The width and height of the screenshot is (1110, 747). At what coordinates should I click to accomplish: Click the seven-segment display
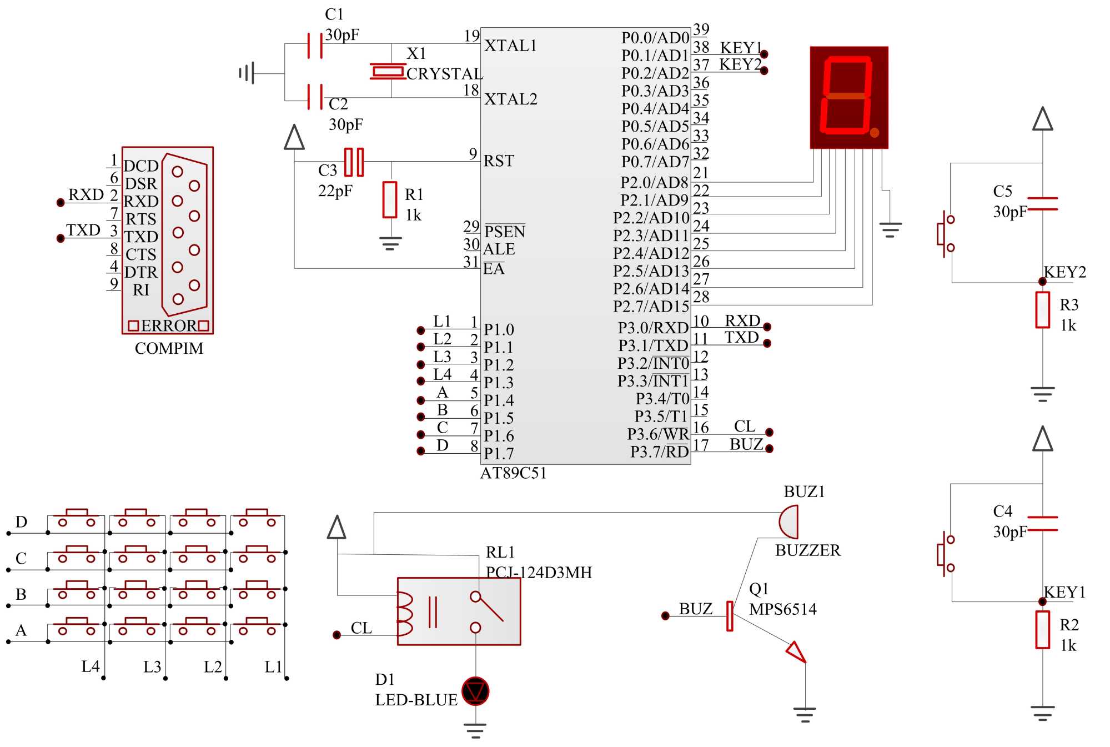848,97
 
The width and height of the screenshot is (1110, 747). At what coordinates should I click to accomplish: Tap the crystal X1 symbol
388,71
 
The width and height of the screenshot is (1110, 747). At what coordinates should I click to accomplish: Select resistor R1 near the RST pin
390,199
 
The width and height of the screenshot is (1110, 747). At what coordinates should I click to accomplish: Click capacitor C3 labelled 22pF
354,162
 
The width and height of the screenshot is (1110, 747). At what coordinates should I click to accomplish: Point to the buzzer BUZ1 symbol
789,522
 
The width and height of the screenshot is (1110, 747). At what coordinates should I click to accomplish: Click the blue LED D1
475,691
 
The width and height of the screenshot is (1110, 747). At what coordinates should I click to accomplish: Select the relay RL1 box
459,611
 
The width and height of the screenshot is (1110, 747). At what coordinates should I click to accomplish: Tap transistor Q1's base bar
730,616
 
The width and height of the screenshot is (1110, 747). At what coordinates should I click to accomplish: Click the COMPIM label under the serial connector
169,348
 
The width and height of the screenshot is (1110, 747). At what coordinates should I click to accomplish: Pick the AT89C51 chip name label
513,473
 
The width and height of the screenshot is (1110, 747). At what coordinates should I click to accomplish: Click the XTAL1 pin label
510,46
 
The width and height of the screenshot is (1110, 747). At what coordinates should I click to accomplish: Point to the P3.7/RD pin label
659,452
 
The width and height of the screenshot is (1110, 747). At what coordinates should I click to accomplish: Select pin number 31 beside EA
471,262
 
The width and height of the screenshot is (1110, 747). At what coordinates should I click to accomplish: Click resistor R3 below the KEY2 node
1042,310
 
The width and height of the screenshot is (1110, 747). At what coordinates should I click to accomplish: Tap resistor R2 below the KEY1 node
1042,630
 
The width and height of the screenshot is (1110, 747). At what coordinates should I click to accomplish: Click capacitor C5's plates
1042,204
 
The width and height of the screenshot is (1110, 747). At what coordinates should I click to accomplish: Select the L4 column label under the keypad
91,666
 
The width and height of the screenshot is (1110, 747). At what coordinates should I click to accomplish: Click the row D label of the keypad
21,522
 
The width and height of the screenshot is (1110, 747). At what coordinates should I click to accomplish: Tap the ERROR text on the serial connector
169,326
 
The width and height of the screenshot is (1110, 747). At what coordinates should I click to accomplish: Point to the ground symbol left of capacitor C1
247,73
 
